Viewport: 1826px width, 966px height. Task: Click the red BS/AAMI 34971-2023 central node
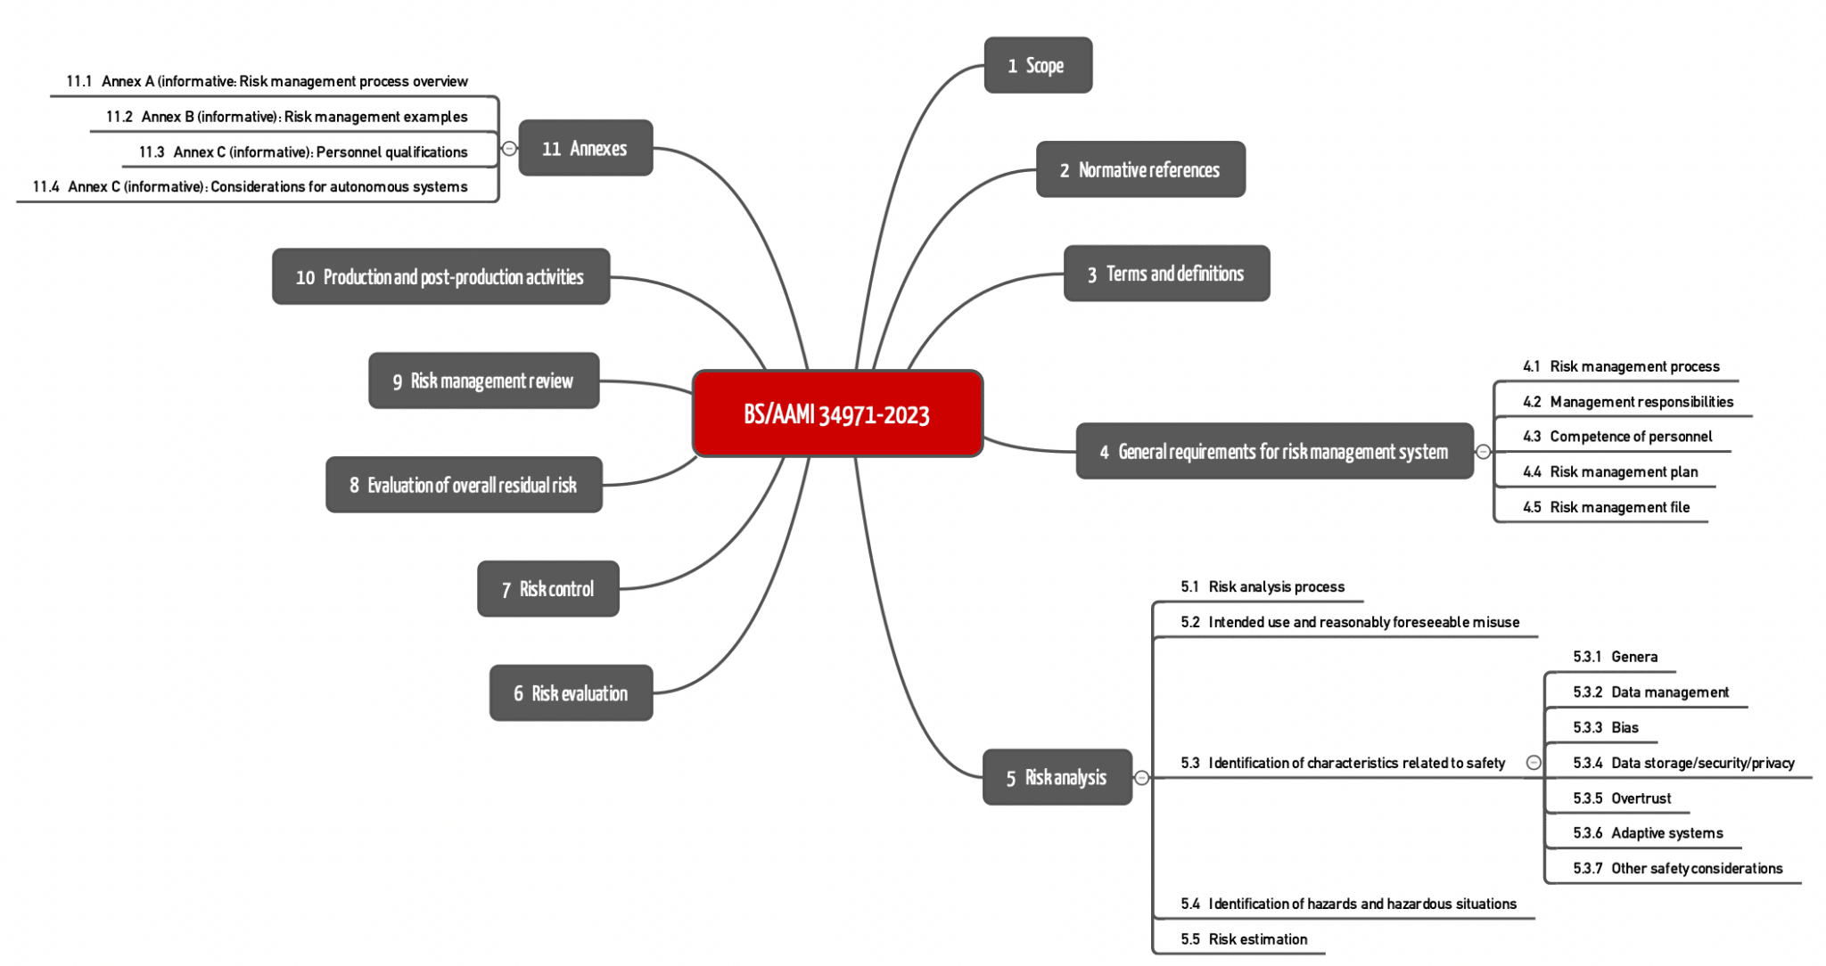coord(837,413)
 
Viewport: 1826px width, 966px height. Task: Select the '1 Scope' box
coord(1037,65)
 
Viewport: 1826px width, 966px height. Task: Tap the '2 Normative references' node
coord(1139,169)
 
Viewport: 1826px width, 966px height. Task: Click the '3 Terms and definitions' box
coord(1165,274)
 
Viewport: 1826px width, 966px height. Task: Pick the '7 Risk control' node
coord(547,588)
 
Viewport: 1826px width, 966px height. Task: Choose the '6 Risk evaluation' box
coord(571,692)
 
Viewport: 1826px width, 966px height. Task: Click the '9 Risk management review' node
coord(483,381)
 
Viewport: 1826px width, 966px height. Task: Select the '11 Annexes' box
coord(585,148)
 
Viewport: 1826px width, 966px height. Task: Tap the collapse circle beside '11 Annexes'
coord(509,148)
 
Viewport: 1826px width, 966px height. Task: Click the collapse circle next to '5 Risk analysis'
coord(1141,778)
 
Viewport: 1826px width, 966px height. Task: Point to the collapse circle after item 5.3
coord(1534,762)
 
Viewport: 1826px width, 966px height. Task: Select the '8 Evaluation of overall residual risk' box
coord(464,485)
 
